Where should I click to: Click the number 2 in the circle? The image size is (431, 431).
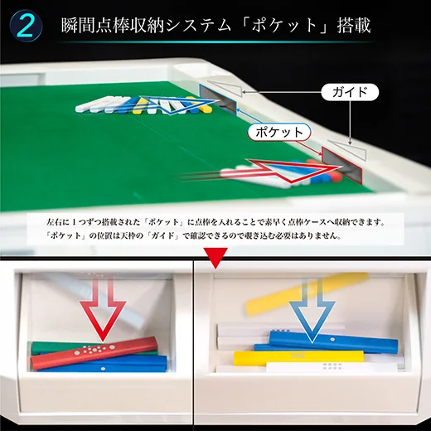pos(27,27)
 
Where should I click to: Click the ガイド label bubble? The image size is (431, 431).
pos(350,92)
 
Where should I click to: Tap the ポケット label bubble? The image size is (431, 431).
pos(279,132)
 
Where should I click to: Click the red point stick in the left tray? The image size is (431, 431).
pos(94,353)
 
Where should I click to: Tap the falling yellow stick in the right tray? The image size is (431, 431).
pos(307,293)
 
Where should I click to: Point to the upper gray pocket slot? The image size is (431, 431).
pos(218,99)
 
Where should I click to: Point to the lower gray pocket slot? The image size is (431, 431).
pos(341,165)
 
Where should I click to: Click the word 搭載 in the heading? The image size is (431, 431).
pos(354,26)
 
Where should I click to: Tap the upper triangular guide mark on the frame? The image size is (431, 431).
pos(225,87)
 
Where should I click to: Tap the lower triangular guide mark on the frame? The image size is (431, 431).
pos(349,149)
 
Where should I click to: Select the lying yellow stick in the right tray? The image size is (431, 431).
pos(298,357)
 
